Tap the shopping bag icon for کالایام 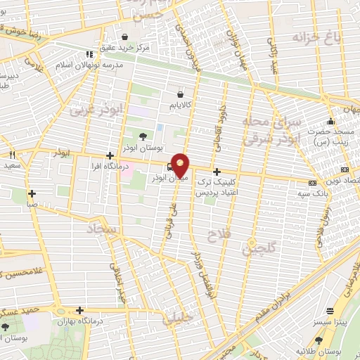[x=181, y=93]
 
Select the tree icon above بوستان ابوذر [x=143, y=137]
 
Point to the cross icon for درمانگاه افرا [x=109, y=155]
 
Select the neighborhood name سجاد [x=103, y=229]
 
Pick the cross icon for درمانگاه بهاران [x=80, y=310]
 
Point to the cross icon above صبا [x=32, y=193]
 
